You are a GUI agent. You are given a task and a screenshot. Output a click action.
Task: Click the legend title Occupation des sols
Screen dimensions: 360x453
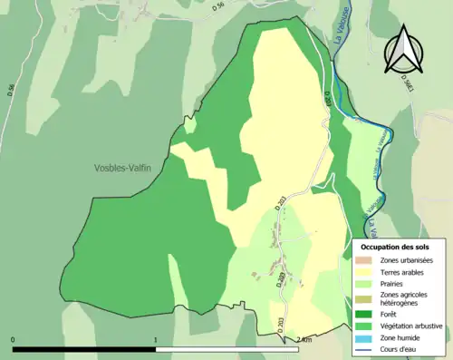pos(395,247)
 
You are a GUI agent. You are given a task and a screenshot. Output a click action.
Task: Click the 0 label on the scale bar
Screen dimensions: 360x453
pos(14,340)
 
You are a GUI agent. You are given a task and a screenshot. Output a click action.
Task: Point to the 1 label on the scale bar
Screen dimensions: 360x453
pos(156,340)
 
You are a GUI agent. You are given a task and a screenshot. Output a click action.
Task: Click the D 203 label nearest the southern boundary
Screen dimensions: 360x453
pos(281,326)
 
